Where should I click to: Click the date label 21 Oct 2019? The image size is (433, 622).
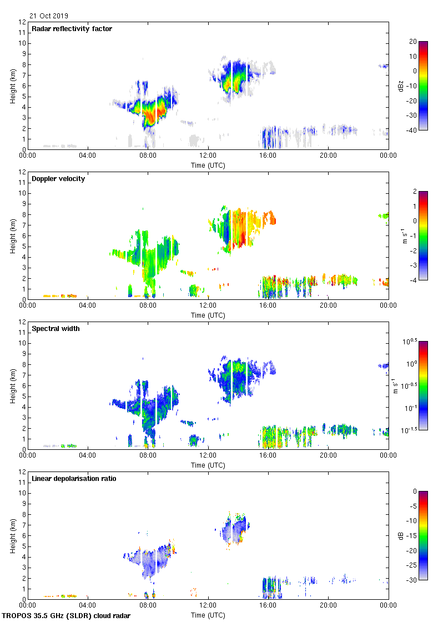[49, 16]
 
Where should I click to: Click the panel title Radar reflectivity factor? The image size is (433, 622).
[72, 29]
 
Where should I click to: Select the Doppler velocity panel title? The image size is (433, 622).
[58, 179]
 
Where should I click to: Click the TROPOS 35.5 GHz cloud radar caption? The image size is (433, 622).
[67, 616]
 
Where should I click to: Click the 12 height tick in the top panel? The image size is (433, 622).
[22, 22]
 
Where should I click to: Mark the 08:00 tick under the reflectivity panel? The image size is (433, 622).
[148, 155]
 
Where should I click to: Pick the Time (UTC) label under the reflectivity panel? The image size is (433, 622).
[208, 165]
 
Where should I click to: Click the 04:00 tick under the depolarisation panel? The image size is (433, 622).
[88, 605]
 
